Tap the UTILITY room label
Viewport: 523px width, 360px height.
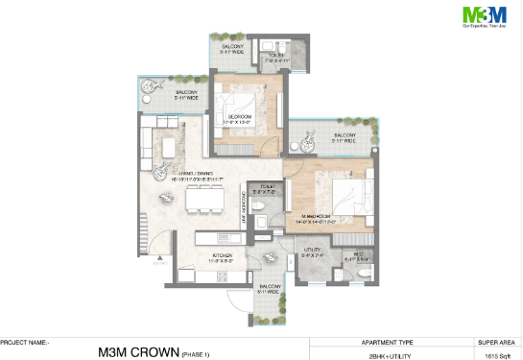point(313,253)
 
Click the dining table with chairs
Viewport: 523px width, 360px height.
point(202,200)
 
